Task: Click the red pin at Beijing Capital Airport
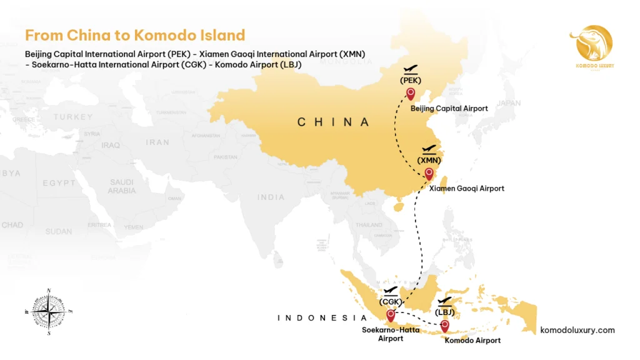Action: click(x=411, y=94)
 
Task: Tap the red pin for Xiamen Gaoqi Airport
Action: click(x=429, y=173)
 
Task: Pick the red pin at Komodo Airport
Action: click(x=444, y=325)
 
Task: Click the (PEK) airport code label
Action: click(x=411, y=80)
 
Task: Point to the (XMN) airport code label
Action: click(x=429, y=160)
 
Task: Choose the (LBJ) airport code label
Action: click(x=444, y=312)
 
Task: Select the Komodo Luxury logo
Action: click(x=591, y=47)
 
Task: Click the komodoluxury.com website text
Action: click(x=577, y=330)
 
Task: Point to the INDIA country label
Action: click(x=271, y=197)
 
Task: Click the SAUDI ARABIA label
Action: click(x=121, y=186)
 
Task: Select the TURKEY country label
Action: click(x=73, y=117)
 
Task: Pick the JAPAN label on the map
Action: click(x=508, y=104)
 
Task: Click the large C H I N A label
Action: click(x=333, y=122)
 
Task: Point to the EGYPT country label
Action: click(x=59, y=183)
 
